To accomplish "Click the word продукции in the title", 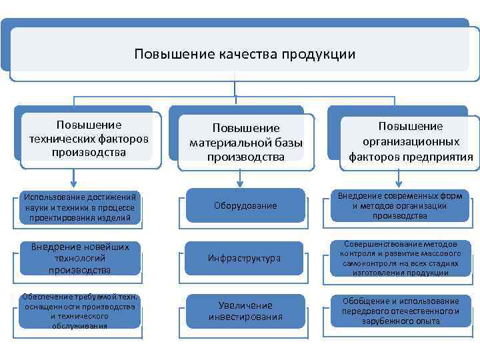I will click(319, 54).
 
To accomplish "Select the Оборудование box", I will click(245, 205).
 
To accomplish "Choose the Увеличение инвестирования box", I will click(245, 311).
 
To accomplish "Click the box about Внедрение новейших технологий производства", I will click(80, 258).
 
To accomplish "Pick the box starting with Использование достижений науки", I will click(80, 207).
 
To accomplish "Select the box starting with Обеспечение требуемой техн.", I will click(80, 311).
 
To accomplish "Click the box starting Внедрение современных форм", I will click(400, 205).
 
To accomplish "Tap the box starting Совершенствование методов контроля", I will click(400, 258).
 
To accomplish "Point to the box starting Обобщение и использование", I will click(400, 311).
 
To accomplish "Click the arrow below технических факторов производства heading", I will click(73, 177).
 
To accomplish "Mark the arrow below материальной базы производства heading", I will click(237, 178).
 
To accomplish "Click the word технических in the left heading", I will click(57, 139).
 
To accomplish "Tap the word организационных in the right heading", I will click(411, 141).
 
